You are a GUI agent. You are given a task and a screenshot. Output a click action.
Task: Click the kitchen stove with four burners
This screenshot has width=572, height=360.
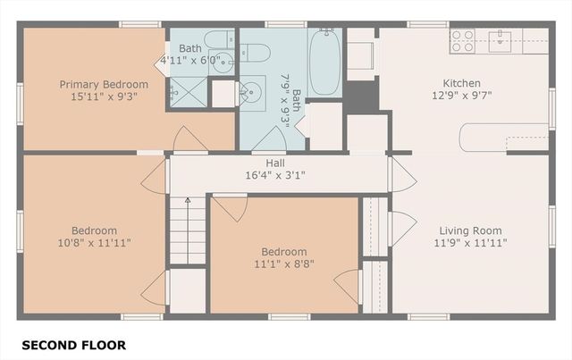[x=462, y=40]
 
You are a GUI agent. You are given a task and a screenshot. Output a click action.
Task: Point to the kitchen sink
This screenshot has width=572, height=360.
[x=500, y=38]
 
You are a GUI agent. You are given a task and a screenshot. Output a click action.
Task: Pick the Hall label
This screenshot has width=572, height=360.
[x=276, y=163]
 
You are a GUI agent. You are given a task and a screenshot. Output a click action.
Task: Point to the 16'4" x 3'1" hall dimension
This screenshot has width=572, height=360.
[x=276, y=176]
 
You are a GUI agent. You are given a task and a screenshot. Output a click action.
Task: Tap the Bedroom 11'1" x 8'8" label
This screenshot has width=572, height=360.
[x=283, y=252]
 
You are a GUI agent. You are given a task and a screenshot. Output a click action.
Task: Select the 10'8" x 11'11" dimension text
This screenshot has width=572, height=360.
[x=94, y=242]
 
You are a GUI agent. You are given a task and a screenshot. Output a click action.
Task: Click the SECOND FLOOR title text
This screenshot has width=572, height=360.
[x=73, y=345]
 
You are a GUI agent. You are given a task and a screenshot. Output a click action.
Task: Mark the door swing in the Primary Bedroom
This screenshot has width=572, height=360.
[x=190, y=139]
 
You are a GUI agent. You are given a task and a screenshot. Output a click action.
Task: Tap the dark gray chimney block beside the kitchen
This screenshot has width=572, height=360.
[x=361, y=95]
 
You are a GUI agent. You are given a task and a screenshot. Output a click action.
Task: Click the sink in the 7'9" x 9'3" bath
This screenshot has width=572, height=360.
[x=252, y=89]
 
